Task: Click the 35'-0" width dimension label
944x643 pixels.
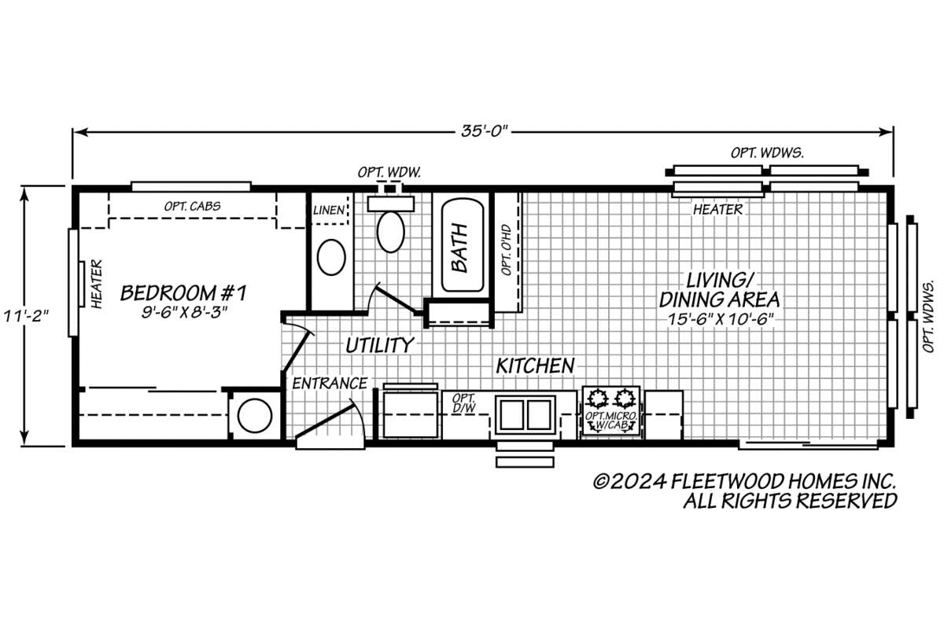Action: point(485,131)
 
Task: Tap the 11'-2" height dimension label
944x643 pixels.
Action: point(26,316)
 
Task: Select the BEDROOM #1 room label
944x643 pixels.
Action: point(184,293)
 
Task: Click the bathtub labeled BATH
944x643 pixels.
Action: point(463,245)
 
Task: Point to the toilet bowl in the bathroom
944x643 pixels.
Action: point(391,233)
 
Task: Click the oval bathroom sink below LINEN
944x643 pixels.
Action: point(331,257)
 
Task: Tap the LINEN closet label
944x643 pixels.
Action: point(329,210)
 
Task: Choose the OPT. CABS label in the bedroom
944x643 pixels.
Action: point(192,206)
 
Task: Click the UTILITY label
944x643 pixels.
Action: point(380,346)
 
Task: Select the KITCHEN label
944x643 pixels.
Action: point(535,366)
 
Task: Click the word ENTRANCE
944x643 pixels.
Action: point(330,384)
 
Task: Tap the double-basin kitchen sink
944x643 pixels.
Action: point(525,415)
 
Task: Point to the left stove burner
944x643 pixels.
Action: point(597,399)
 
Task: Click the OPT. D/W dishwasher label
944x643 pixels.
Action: point(464,403)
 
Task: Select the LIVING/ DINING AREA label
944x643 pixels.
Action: point(719,290)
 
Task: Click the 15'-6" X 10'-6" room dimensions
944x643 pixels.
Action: point(721,319)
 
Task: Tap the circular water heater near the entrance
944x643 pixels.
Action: point(255,416)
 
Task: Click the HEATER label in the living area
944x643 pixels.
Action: point(718,209)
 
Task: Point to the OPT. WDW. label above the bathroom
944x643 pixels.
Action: point(389,172)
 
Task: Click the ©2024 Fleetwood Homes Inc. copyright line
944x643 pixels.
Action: point(745,481)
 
